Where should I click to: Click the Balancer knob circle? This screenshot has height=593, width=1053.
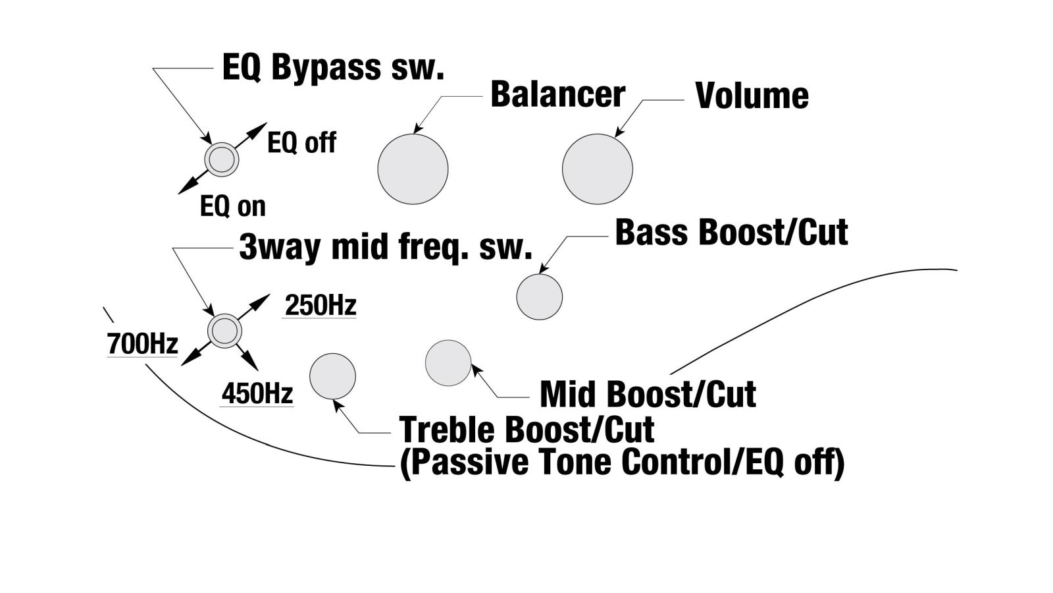click(413, 169)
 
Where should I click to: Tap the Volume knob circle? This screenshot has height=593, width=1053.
click(597, 169)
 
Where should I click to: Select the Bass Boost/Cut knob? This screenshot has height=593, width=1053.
click(539, 296)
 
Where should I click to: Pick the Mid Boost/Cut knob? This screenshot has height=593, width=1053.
click(448, 362)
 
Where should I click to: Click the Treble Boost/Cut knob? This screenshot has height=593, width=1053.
click(332, 376)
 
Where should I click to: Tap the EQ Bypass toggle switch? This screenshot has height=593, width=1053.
click(221, 159)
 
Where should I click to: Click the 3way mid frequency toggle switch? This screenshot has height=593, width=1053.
click(224, 330)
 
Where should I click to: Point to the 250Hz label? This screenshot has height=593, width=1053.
click(321, 306)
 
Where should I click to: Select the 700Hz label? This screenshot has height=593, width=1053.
click(142, 344)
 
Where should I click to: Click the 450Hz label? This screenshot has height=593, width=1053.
click(257, 394)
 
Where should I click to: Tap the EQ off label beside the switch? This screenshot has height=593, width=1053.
click(301, 143)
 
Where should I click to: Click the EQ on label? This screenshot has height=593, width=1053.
click(233, 207)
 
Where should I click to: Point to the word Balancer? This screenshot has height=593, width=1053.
click(557, 95)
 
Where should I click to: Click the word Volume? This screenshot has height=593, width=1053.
click(752, 96)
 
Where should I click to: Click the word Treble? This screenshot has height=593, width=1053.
click(447, 430)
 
